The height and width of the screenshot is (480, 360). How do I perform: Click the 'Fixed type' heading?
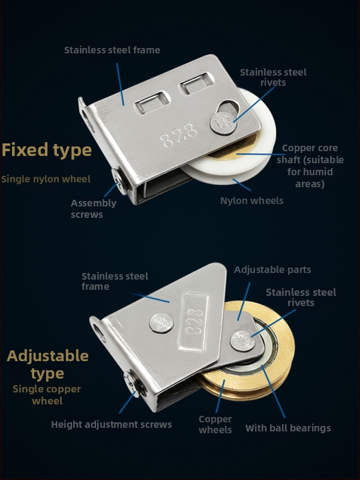47,150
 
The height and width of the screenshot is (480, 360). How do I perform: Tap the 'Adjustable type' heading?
47,365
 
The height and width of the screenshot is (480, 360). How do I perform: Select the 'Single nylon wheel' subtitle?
46,179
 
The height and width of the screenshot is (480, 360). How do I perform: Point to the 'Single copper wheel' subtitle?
47,395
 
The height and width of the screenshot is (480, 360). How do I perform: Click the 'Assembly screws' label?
94,209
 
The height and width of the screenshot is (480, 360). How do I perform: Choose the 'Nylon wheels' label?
251,201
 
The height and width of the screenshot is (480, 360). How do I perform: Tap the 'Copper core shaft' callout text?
310,166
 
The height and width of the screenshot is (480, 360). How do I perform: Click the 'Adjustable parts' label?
272,269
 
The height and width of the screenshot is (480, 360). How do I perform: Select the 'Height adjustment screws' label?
112,425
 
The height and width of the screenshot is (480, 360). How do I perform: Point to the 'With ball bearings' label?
288,428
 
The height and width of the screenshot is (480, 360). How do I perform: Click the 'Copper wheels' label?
215,424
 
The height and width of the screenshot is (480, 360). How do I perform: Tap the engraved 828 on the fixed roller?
179,135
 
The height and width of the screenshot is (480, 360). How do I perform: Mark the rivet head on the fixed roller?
222,124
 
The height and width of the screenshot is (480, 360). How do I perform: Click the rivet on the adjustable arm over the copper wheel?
243,341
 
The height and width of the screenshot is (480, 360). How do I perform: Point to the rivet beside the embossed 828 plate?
161,323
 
